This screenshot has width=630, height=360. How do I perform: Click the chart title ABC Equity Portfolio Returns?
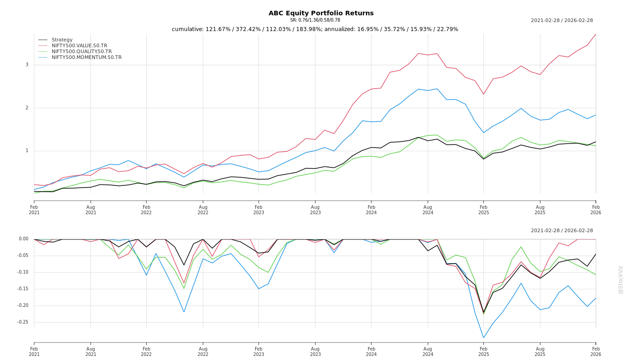click(x=321, y=13)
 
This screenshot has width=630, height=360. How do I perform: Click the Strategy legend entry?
click(x=62, y=40)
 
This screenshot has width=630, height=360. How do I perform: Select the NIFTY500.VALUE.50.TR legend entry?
click(x=79, y=46)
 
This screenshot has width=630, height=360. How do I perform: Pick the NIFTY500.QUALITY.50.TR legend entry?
click(x=81, y=52)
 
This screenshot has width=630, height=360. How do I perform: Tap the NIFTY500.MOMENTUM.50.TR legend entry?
click(x=86, y=58)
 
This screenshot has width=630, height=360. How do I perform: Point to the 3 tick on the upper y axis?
click(x=27, y=65)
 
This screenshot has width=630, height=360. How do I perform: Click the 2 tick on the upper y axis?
click(x=27, y=108)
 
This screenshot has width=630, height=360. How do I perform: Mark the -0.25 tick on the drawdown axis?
click(x=23, y=322)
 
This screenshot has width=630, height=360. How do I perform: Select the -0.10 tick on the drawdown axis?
click(x=23, y=272)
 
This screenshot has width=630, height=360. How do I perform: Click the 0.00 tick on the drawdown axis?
click(x=24, y=239)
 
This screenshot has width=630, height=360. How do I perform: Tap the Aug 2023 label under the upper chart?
click(x=315, y=210)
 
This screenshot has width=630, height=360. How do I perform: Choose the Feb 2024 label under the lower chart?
click(x=371, y=351)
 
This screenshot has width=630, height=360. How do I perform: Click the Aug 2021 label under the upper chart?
click(x=91, y=210)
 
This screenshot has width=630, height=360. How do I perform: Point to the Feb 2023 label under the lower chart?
click(x=259, y=351)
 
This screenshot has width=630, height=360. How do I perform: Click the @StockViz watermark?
click(x=621, y=279)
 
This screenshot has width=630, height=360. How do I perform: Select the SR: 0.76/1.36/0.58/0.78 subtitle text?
click(x=315, y=20)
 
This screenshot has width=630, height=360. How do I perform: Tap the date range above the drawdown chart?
click(x=562, y=231)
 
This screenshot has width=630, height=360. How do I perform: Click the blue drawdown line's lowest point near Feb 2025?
click(x=484, y=338)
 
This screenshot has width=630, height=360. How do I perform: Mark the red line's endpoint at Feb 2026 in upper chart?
click(x=596, y=34)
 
